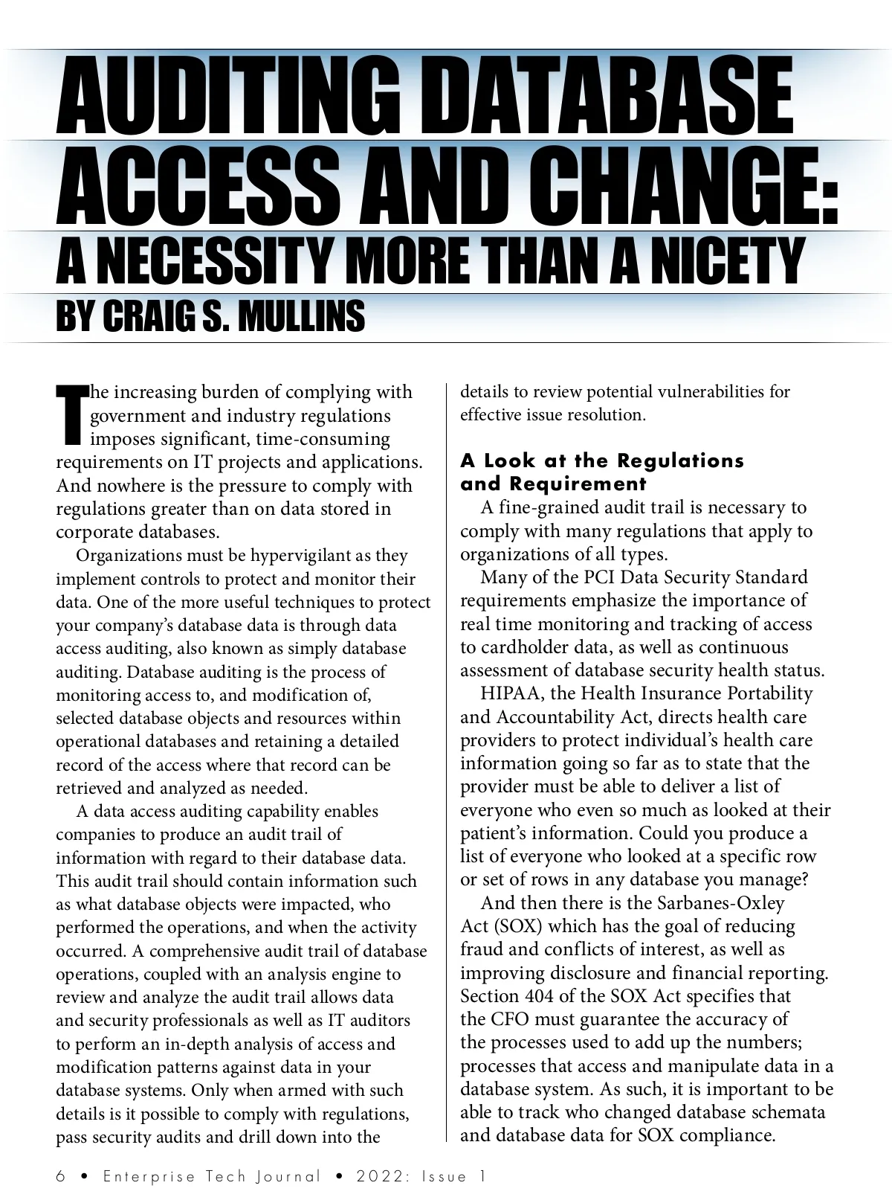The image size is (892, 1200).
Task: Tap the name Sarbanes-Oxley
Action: click(x=721, y=903)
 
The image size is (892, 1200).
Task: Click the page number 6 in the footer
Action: click(x=61, y=1176)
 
